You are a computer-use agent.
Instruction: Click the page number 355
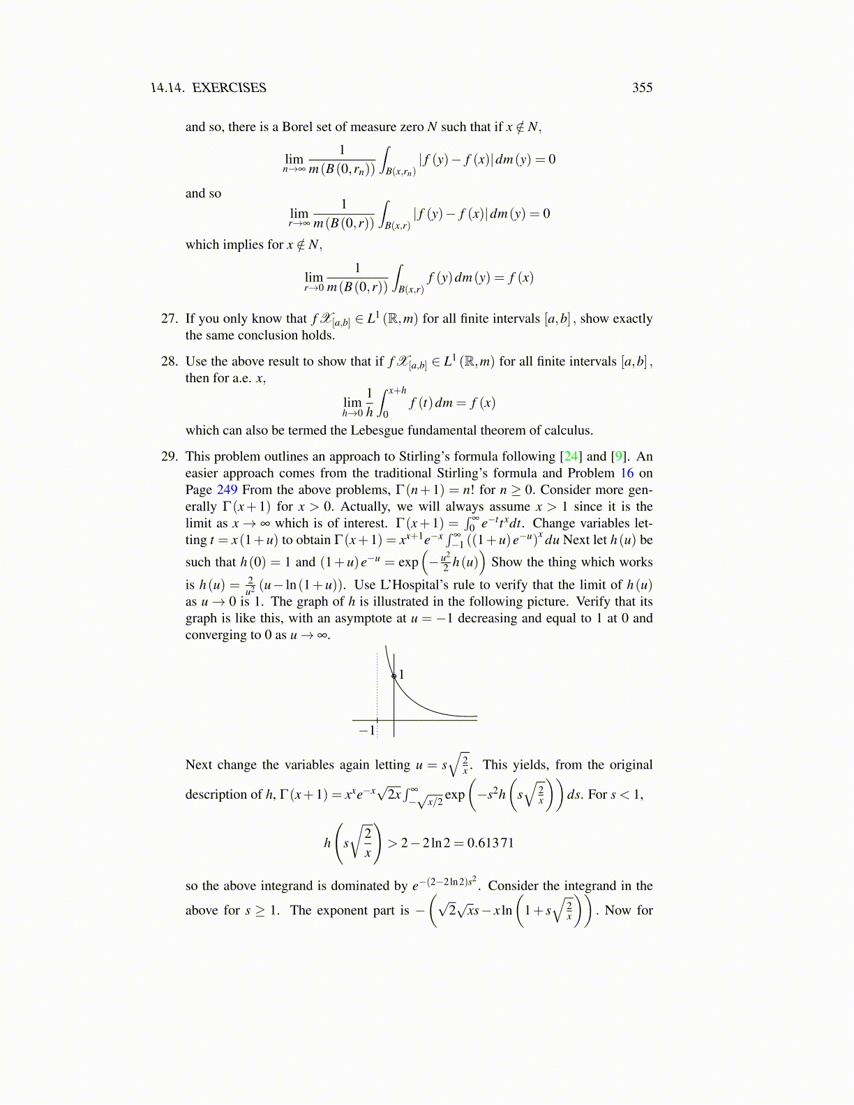642,88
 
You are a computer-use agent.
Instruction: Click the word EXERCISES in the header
229,88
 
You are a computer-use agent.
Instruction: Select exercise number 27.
169,319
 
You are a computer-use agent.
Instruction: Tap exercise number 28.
169,361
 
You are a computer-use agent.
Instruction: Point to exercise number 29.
169,457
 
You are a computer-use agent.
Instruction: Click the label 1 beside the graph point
402,675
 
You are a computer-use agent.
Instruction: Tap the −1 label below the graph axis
367,730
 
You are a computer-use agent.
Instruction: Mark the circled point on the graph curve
394,676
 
